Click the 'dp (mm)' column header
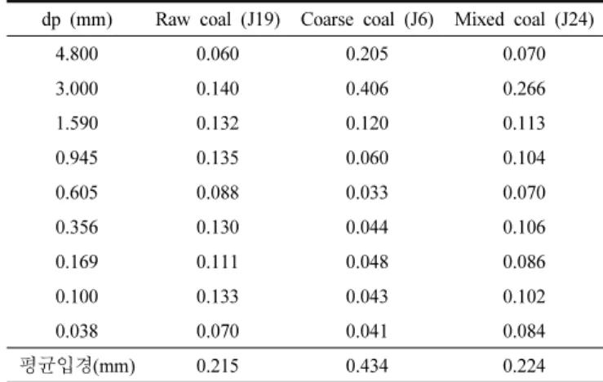(77, 20)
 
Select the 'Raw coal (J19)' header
(218, 20)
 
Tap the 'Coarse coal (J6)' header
(367, 20)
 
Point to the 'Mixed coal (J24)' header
(524, 20)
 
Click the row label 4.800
(77, 54)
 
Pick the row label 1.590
(77, 123)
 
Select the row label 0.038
(77, 331)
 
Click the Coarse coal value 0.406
(367, 88)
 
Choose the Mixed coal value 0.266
(524, 88)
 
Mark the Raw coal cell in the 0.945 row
(218, 158)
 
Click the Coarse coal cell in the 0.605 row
(367, 193)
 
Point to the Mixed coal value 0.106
(524, 227)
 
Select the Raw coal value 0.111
(218, 261)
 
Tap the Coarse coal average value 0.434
(367, 366)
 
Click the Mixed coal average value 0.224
(524, 366)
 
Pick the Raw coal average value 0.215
(218, 366)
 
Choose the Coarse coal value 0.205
(367, 54)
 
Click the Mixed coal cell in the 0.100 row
(524, 296)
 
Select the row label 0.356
(77, 227)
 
